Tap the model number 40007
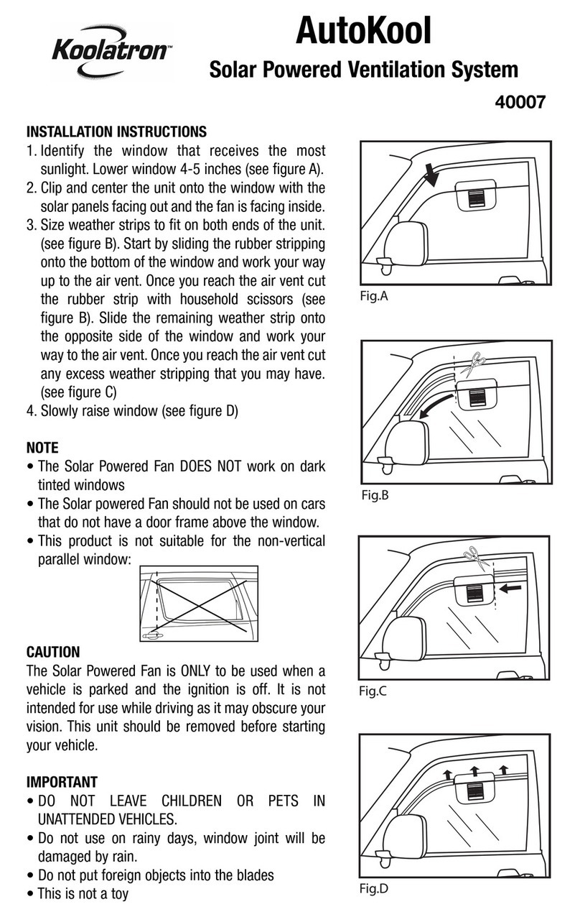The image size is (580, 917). [x=520, y=102]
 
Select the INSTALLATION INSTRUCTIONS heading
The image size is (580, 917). [x=116, y=132]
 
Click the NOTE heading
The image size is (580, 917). [x=42, y=448]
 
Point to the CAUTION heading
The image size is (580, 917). [x=53, y=653]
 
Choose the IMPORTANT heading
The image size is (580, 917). [x=62, y=781]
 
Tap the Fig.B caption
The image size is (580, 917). [x=373, y=495]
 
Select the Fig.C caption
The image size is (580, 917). [x=373, y=691]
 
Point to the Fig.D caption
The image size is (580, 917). [x=373, y=888]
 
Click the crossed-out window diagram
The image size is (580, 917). [x=197, y=603]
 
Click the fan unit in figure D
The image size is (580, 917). [x=474, y=793]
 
